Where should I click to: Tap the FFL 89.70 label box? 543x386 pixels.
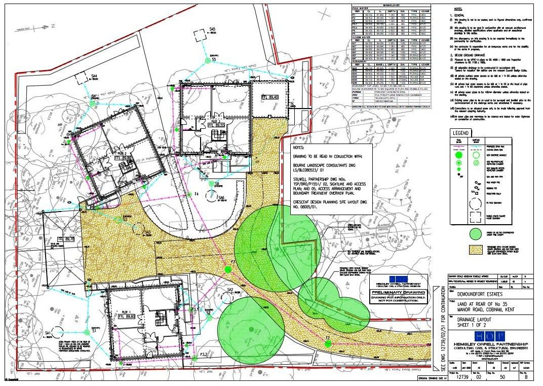tap(65, 239)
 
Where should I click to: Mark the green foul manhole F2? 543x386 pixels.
tap(328, 343)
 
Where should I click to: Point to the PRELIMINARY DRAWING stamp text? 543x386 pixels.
tap(398, 293)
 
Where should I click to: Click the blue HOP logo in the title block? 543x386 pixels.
tap(486, 336)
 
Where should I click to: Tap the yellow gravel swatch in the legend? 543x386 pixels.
tap(474, 250)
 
